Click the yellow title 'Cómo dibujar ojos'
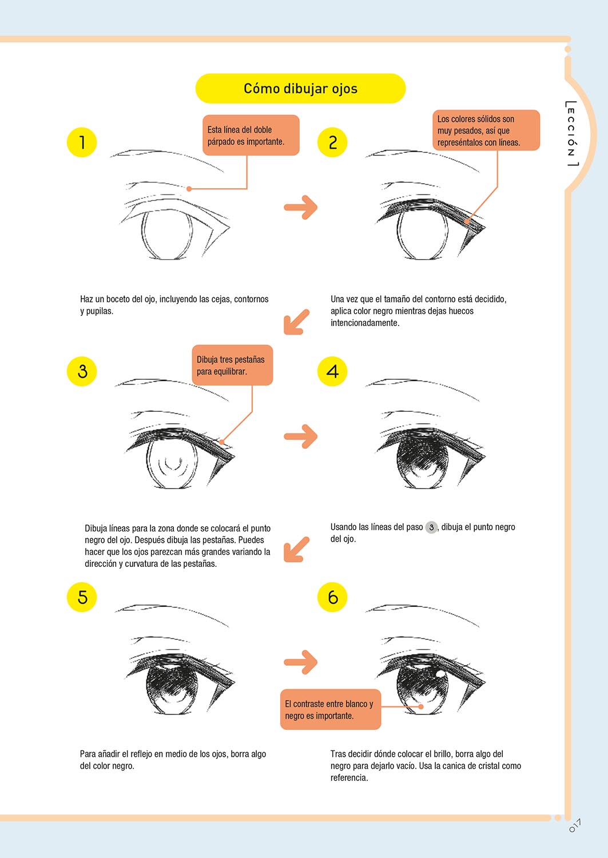click(300, 89)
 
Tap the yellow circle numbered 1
click(82, 142)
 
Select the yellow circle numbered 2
click(332, 142)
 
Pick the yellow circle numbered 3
click(82, 371)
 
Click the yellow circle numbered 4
click(332, 371)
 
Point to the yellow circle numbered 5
click(82, 597)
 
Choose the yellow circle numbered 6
click(332, 597)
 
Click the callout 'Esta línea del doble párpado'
click(251, 135)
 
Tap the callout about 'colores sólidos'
click(486, 130)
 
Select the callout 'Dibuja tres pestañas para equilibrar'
click(233, 365)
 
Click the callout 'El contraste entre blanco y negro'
click(331, 709)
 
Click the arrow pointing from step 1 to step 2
click(301, 207)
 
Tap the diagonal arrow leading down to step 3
click(296, 322)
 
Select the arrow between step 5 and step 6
click(301, 661)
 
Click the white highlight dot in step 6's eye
click(440, 673)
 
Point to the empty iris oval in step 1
click(167, 234)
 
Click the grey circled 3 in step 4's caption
click(431, 527)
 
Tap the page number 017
click(575, 825)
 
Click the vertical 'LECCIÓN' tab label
click(571, 134)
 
